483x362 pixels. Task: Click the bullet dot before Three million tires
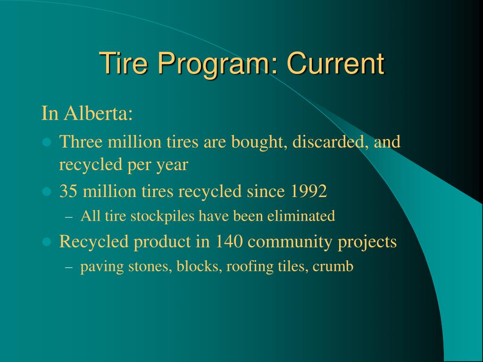coord(46,142)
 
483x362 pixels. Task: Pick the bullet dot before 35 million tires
coord(46,191)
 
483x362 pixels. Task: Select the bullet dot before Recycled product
coord(46,242)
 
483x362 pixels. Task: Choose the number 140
coord(230,241)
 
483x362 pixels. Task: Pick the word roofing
coord(246,267)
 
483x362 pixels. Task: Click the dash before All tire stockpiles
coord(69,217)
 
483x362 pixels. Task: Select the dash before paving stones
coord(69,267)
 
